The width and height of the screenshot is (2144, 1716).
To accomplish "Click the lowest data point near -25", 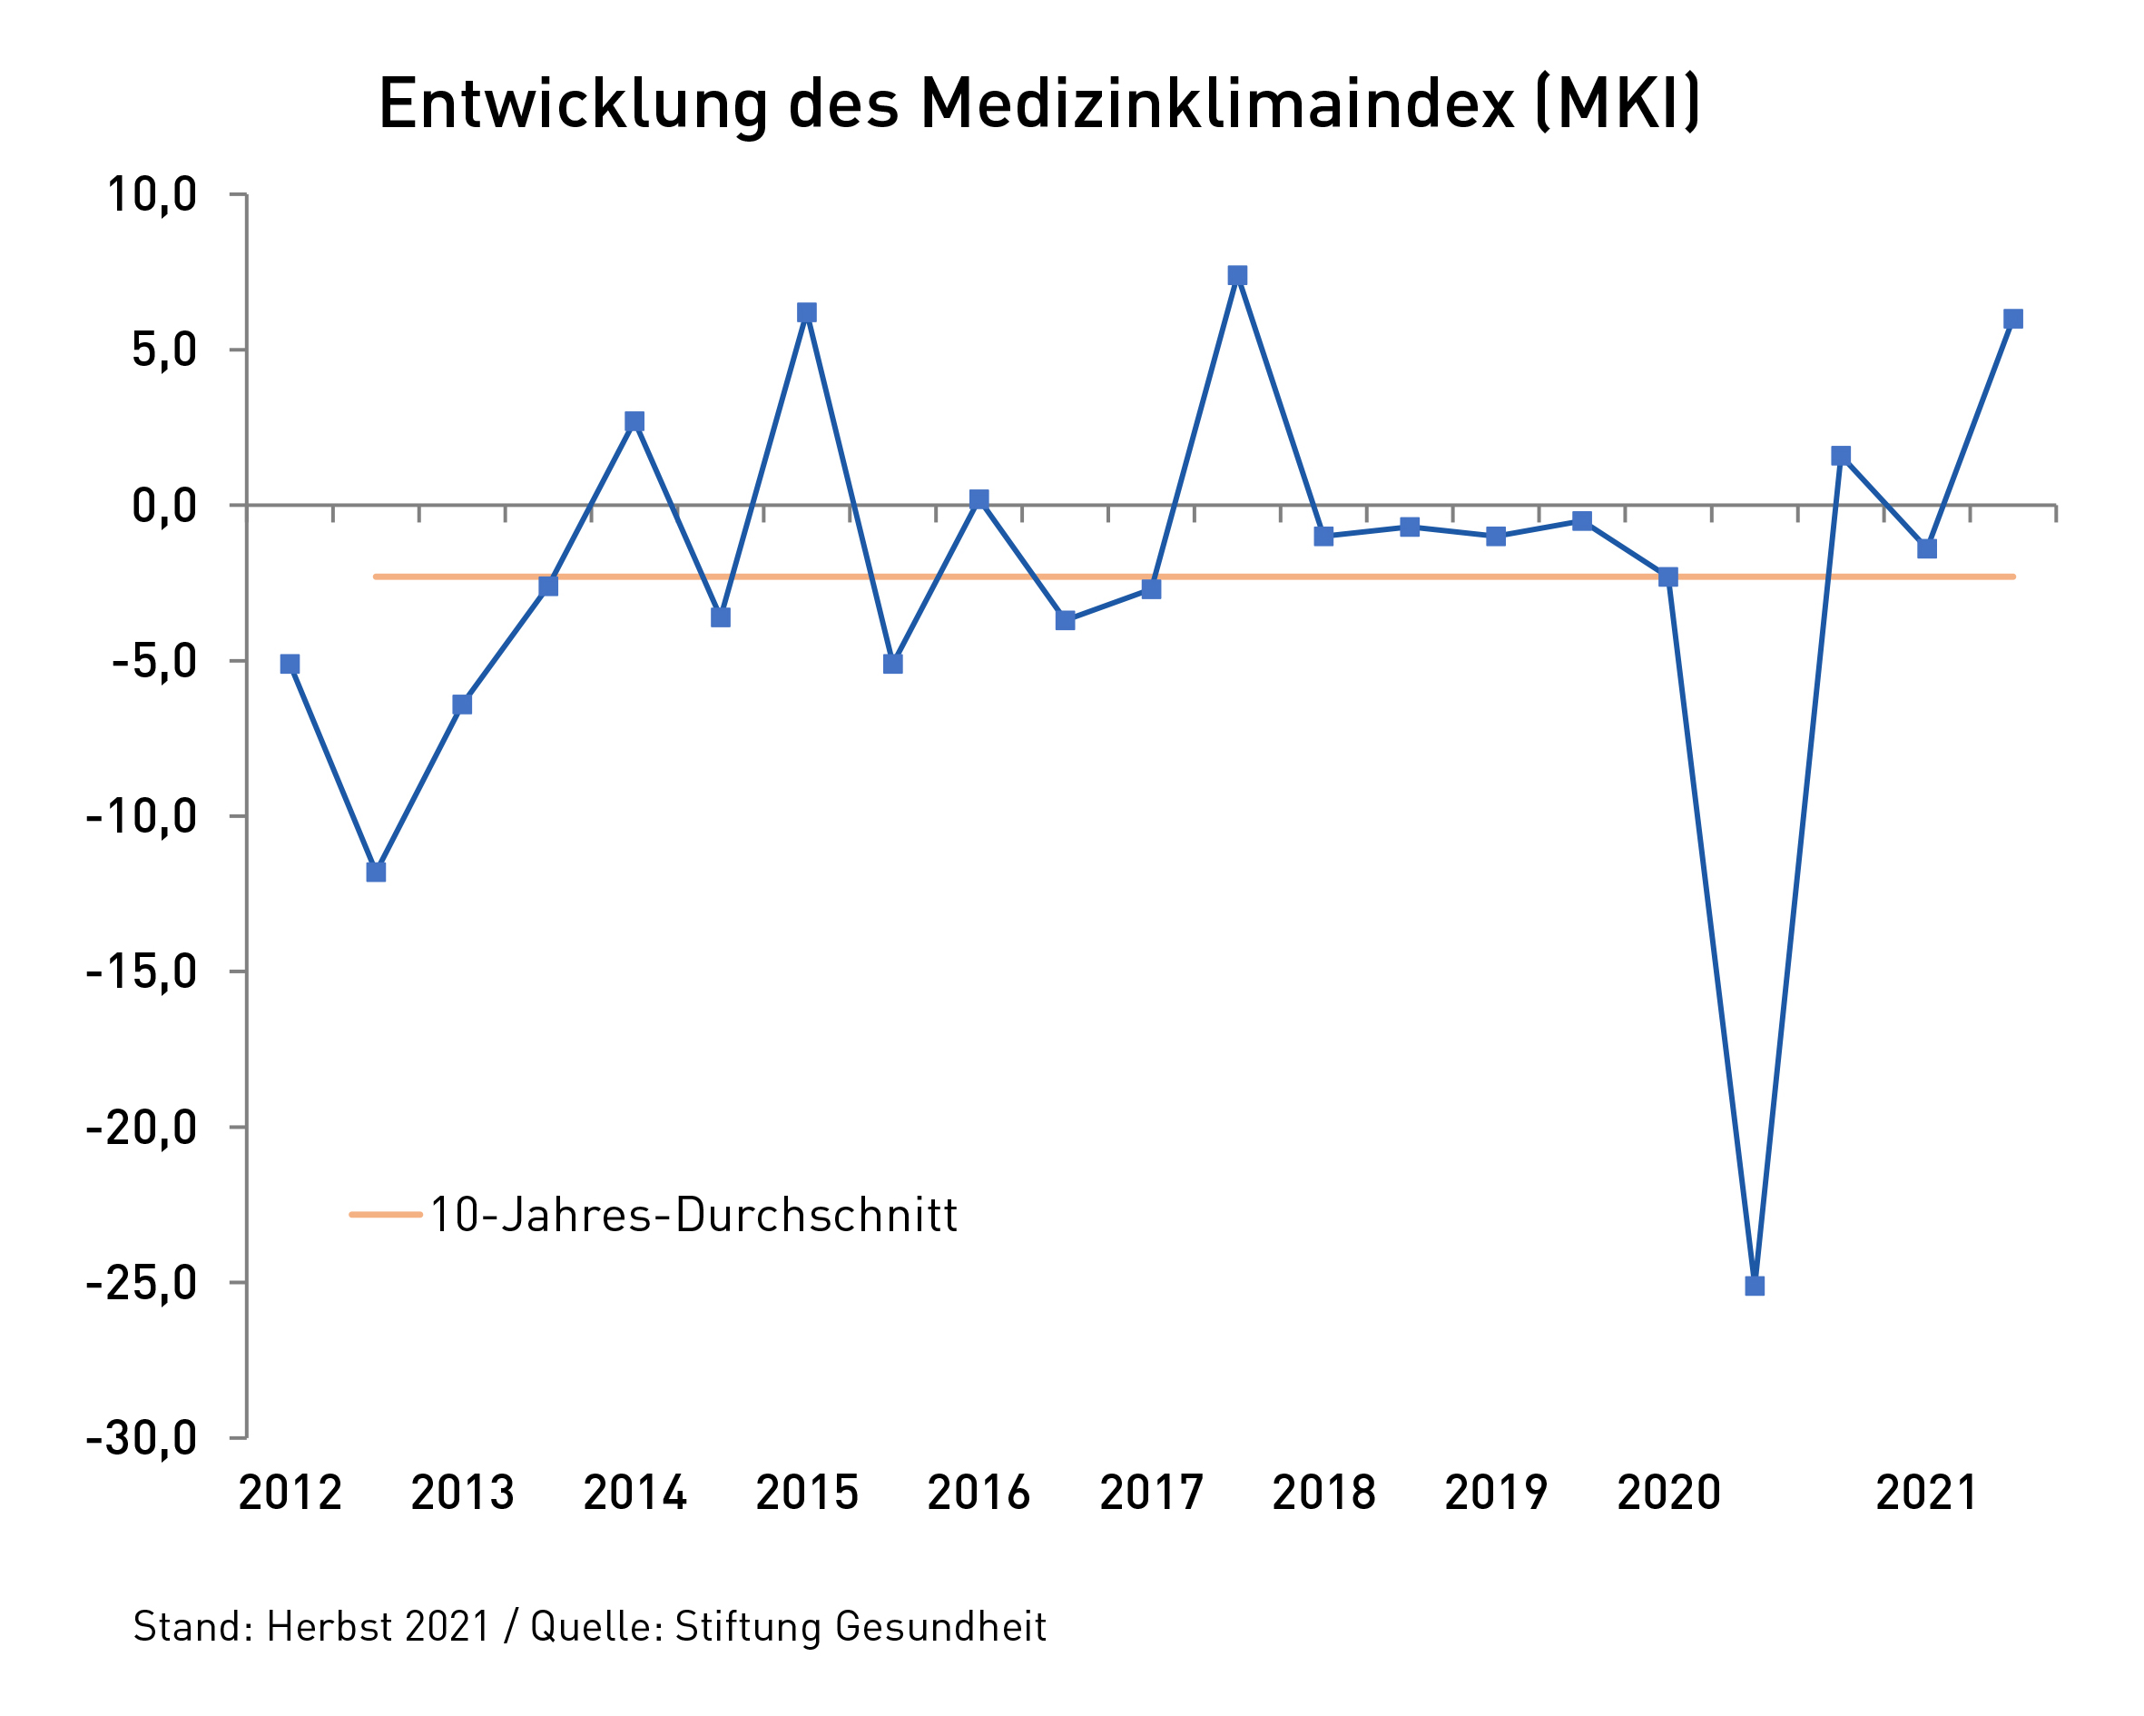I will (1755, 1286).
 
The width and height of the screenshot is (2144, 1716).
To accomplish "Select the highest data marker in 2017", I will (1237, 275).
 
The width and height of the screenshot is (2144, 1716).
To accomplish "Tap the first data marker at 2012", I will (290, 664).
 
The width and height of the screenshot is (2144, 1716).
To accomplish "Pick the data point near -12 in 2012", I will (376, 872).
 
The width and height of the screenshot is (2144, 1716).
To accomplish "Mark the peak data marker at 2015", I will (806, 312).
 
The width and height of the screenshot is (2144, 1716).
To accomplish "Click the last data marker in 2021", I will (2012, 319).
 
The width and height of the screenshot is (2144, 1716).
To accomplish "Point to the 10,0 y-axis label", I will (152, 195).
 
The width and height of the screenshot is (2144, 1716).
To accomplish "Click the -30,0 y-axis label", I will (142, 1438).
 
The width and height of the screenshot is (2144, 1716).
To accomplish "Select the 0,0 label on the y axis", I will (164, 507).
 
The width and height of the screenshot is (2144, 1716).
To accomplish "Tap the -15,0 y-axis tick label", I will (142, 971).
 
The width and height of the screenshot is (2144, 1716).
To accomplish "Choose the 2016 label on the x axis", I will (979, 1492).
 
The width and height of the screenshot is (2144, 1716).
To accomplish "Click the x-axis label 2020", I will (1668, 1492).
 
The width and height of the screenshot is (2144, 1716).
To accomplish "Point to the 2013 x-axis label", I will (462, 1492).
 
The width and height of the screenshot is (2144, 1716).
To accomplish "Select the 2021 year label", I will (1927, 1492).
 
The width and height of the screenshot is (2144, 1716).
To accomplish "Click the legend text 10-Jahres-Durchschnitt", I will (693, 1215).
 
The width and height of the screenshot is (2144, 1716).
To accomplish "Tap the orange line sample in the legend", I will (386, 1214).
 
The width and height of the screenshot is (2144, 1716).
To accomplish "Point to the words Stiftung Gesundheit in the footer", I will (861, 1626).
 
